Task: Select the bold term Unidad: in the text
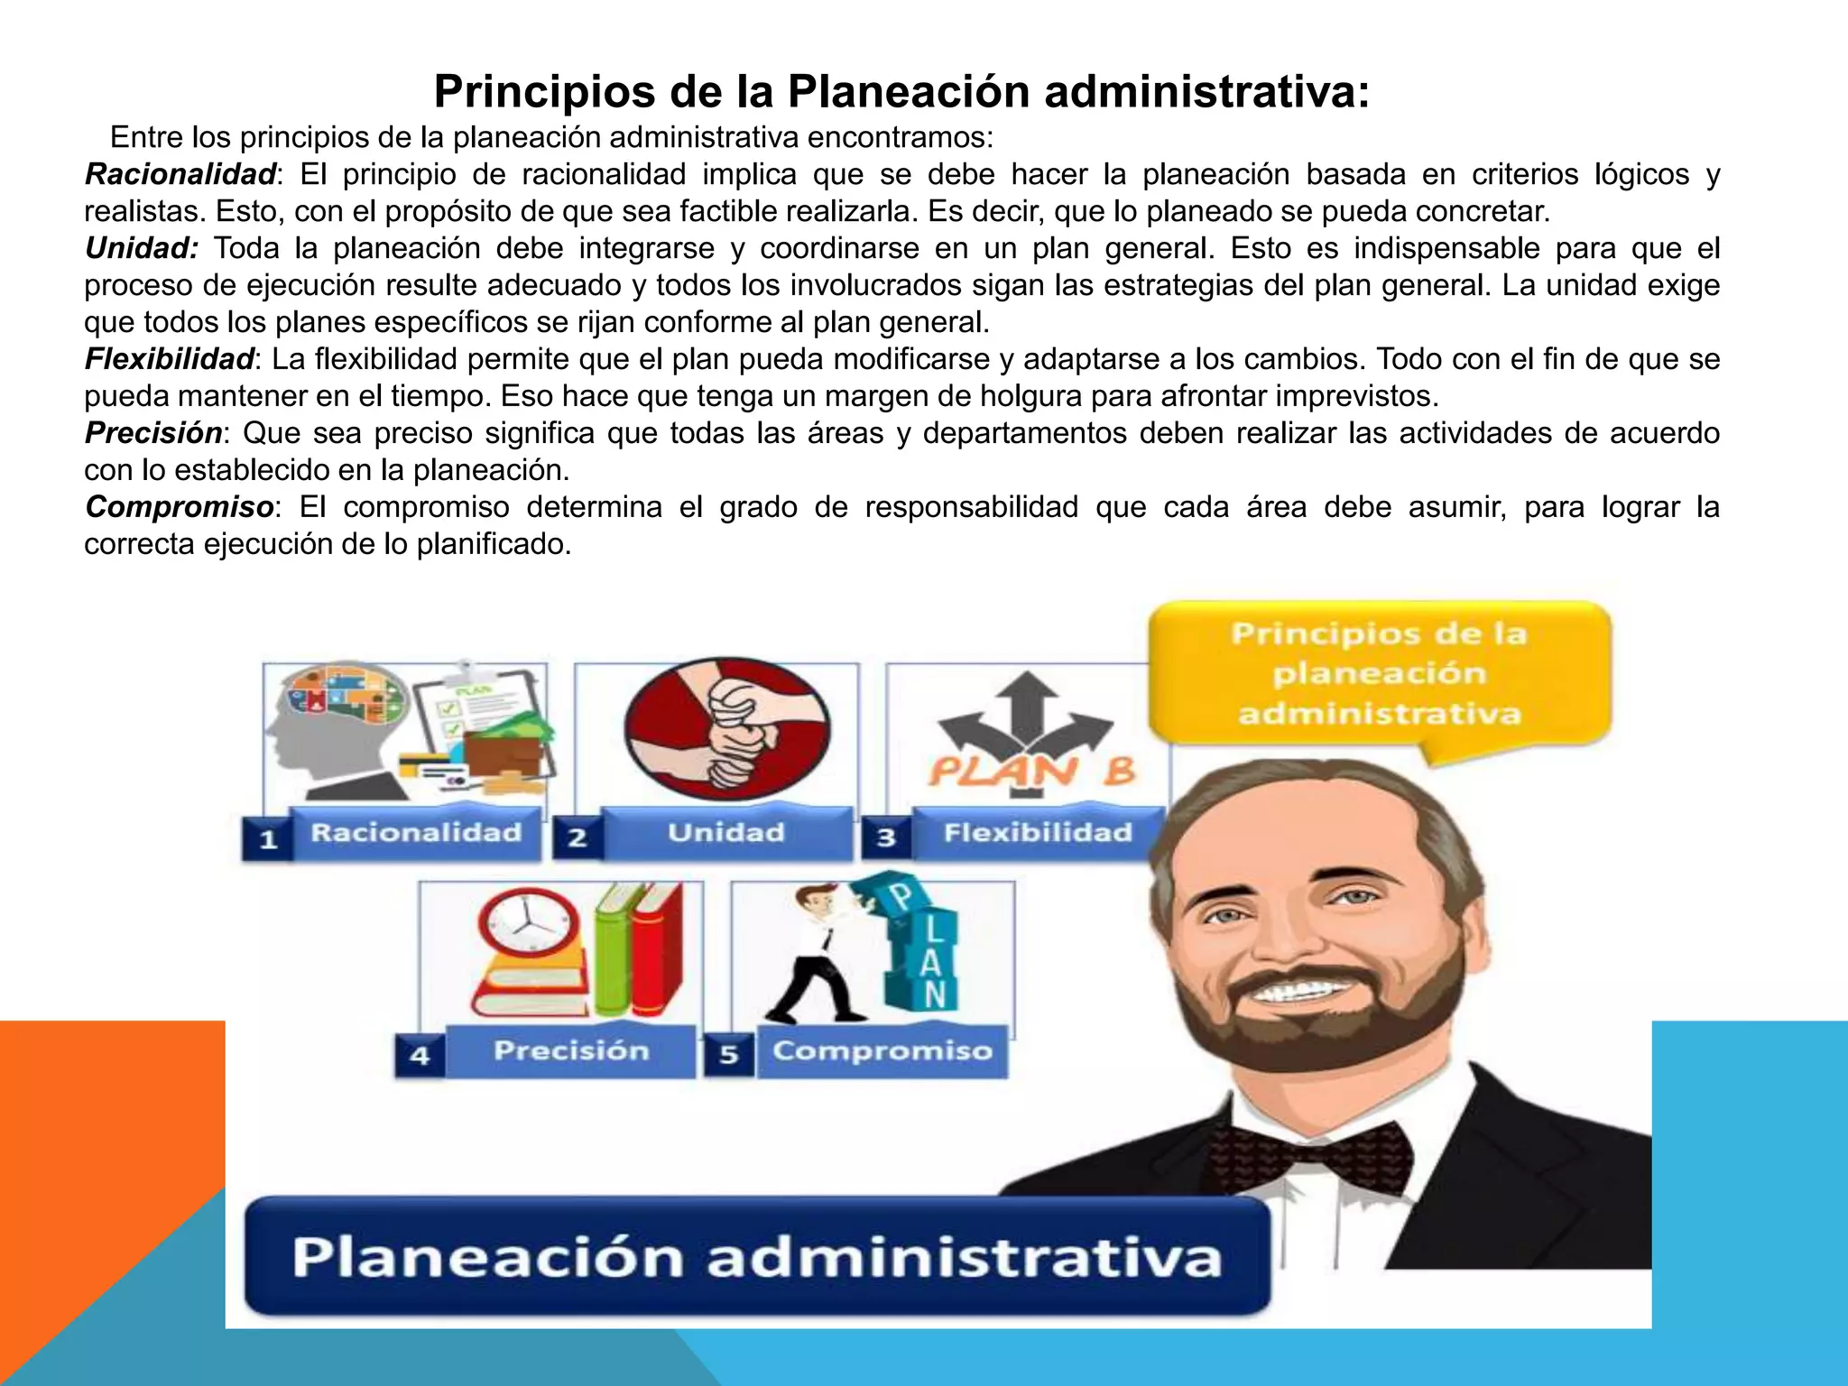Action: click(142, 248)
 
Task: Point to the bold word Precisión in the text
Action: click(153, 433)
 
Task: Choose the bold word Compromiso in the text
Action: click(180, 507)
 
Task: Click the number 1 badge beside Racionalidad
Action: click(268, 840)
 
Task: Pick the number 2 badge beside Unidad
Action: click(577, 838)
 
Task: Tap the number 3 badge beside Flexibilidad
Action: click(887, 838)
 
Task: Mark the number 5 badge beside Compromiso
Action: click(729, 1055)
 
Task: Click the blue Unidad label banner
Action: click(726, 833)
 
